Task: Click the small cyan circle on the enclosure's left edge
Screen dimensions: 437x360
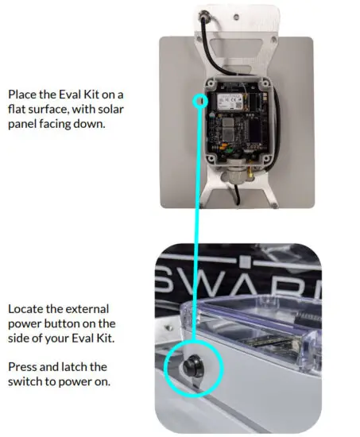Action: [x=201, y=101]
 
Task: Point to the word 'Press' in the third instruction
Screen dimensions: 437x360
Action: [x=22, y=366]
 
